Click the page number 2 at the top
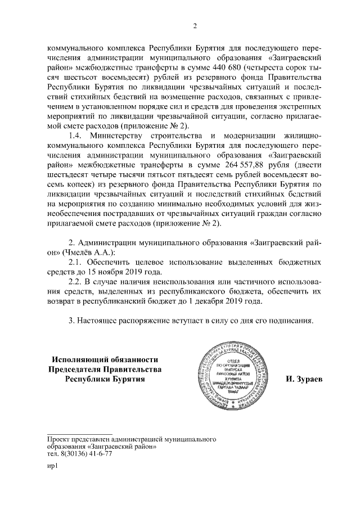[x=194, y=24]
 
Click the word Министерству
[x=117, y=136]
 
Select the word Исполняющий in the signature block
[x=84, y=359]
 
